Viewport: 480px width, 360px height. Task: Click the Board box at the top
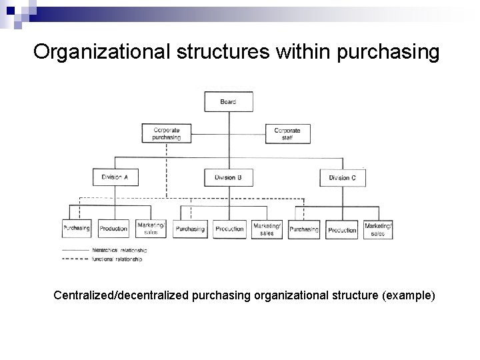228,102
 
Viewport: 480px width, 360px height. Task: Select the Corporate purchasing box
167,133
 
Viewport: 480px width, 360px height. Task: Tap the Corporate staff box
287,133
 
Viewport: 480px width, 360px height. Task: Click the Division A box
115,177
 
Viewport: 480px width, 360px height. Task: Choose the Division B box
228,177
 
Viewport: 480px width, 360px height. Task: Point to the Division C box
343,177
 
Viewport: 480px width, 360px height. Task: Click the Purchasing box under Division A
77,229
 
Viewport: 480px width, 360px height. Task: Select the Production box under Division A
113,229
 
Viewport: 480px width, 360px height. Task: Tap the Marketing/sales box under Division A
152,229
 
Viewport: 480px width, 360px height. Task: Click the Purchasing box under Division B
190,229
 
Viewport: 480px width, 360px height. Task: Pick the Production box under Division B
229,229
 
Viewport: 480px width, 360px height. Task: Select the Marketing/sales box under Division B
267,229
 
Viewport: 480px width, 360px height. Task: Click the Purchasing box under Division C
304,229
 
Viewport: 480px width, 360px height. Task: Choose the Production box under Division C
342,229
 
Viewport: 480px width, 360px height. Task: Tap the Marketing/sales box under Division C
378,229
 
